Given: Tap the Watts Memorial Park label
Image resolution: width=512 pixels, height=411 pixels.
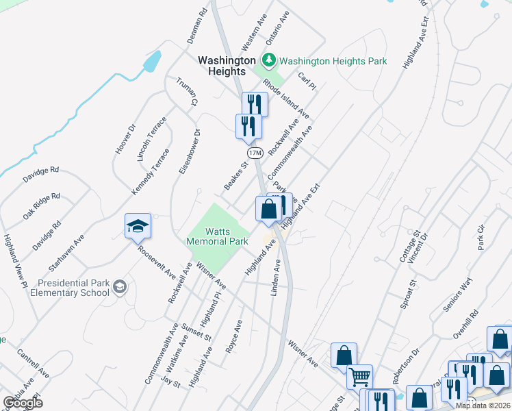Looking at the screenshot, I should (218, 236).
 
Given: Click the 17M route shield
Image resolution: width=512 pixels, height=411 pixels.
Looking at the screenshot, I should (255, 152).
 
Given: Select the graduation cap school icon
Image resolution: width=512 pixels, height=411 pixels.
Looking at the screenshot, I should (138, 226).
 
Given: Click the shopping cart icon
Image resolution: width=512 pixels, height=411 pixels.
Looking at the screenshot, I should (359, 376).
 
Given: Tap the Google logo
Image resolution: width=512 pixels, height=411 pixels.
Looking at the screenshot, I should (23, 403).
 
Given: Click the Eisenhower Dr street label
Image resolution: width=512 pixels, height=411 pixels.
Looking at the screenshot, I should (188, 151).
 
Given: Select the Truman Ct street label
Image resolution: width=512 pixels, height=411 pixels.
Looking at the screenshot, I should (186, 90).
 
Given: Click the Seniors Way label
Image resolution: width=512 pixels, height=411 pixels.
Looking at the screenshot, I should (458, 297).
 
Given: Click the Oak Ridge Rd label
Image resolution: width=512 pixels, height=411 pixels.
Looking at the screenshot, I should (41, 206).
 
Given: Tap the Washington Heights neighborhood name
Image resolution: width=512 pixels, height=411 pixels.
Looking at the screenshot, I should (222, 66).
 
